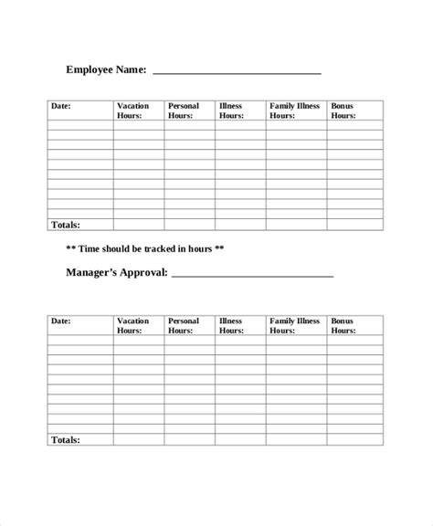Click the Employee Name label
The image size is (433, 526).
(x=106, y=68)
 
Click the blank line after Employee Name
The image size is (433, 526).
(x=237, y=71)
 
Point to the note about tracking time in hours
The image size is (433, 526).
(x=145, y=248)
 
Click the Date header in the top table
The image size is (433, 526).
(x=60, y=107)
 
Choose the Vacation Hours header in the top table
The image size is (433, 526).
(x=133, y=111)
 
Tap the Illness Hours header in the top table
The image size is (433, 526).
(x=231, y=111)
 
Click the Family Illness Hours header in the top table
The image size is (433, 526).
(x=294, y=111)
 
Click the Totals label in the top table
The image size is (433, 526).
(x=65, y=225)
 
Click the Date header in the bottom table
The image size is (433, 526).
(x=60, y=321)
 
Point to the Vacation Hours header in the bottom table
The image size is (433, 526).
(x=133, y=326)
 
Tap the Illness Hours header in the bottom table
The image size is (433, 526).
(x=231, y=326)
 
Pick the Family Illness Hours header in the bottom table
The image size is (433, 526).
(x=294, y=326)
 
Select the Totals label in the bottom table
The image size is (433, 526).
(x=65, y=440)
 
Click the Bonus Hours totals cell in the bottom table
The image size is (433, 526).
(x=354, y=440)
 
